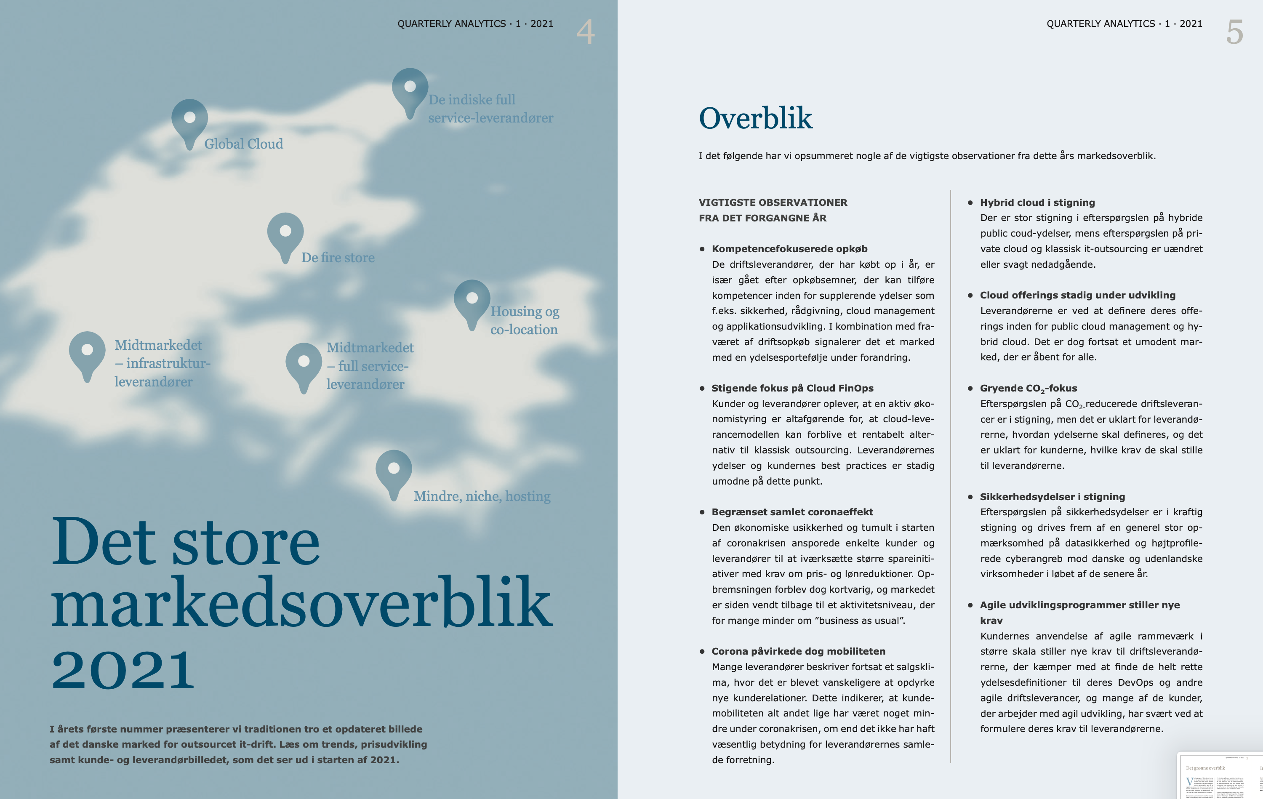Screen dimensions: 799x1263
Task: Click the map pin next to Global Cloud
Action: (x=190, y=120)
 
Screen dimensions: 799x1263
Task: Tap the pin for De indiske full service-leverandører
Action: (x=410, y=88)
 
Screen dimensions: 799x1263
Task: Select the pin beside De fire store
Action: (x=285, y=233)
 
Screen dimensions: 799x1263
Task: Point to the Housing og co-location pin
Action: (x=472, y=300)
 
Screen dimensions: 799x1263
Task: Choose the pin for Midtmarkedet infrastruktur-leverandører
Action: (x=88, y=352)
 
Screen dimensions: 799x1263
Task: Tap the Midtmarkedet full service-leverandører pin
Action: (x=304, y=363)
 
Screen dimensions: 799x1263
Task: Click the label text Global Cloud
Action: (x=243, y=144)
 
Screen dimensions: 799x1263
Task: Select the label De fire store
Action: (x=338, y=258)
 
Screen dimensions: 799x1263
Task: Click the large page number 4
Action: (x=585, y=32)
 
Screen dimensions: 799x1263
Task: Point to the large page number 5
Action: (x=1235, y=32)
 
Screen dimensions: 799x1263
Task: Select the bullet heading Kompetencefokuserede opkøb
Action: (x=789, y=249)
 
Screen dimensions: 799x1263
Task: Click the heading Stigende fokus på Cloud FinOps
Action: (x=792, y=388)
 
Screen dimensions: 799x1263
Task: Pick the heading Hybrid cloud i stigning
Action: (x=1037, y=202)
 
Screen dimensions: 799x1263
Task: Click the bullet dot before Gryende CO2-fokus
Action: (x=970, y=388)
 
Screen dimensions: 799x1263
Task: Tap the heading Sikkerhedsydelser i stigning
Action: (x=1052, y=496)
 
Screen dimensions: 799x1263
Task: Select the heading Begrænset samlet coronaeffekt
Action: (x=792, y=512)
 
